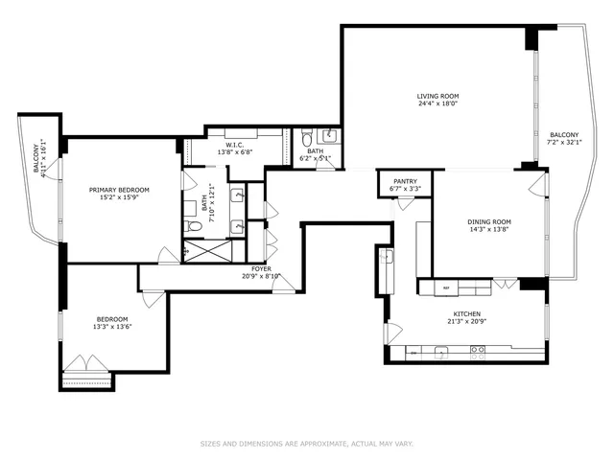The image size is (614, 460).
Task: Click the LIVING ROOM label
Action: (x=437, y=96)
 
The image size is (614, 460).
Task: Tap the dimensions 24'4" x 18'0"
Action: (x=437, y=104)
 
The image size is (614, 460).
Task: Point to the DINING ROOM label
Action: (x=489, y=221)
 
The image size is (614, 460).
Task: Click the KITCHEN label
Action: (x=466, y=313)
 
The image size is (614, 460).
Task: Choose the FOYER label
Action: (x=260, y=268)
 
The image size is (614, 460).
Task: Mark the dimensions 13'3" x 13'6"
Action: (x=111, y=327)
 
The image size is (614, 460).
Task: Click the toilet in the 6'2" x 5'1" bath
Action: (x=307, y=136)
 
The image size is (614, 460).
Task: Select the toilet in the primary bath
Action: (x=193, y=226)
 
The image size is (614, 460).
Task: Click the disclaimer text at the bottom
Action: (x=306, y=444)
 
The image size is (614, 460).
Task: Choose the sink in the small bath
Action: (x=328, y=135)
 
